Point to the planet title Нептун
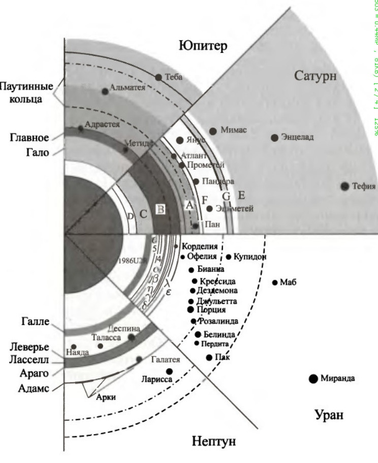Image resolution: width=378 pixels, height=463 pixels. coord(213,441)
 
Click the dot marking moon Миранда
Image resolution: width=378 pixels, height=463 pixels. coord(313,378)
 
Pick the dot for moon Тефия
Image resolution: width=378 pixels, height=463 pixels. coord(345,186)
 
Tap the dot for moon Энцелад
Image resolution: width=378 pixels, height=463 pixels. coord(275,138)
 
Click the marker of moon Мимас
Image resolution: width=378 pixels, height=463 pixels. coord(213,131)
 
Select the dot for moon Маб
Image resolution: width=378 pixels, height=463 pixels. coord(275,282)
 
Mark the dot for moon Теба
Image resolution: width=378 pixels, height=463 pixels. coord(159,77)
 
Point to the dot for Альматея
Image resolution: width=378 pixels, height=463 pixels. coord(105,91)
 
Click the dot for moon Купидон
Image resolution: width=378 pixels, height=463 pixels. coord(229,257)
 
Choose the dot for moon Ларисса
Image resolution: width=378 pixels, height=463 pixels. coord(169,371)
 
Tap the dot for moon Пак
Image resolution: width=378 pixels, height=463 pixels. coord(209,357)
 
